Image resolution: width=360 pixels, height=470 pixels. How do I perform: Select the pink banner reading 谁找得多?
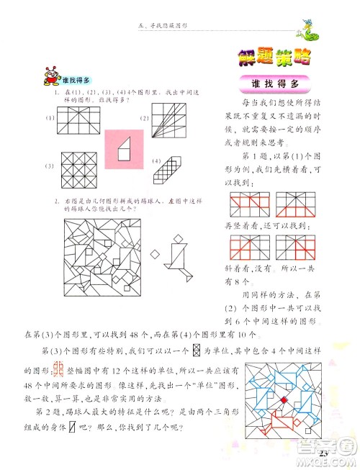276,84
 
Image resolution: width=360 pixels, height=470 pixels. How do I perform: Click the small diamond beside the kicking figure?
155,255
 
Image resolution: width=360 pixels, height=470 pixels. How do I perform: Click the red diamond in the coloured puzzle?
284,400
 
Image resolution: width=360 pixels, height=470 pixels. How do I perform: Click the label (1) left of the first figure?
51,117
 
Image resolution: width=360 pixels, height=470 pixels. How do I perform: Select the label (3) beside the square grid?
51,166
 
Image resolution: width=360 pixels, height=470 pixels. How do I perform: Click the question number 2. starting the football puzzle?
54,201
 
